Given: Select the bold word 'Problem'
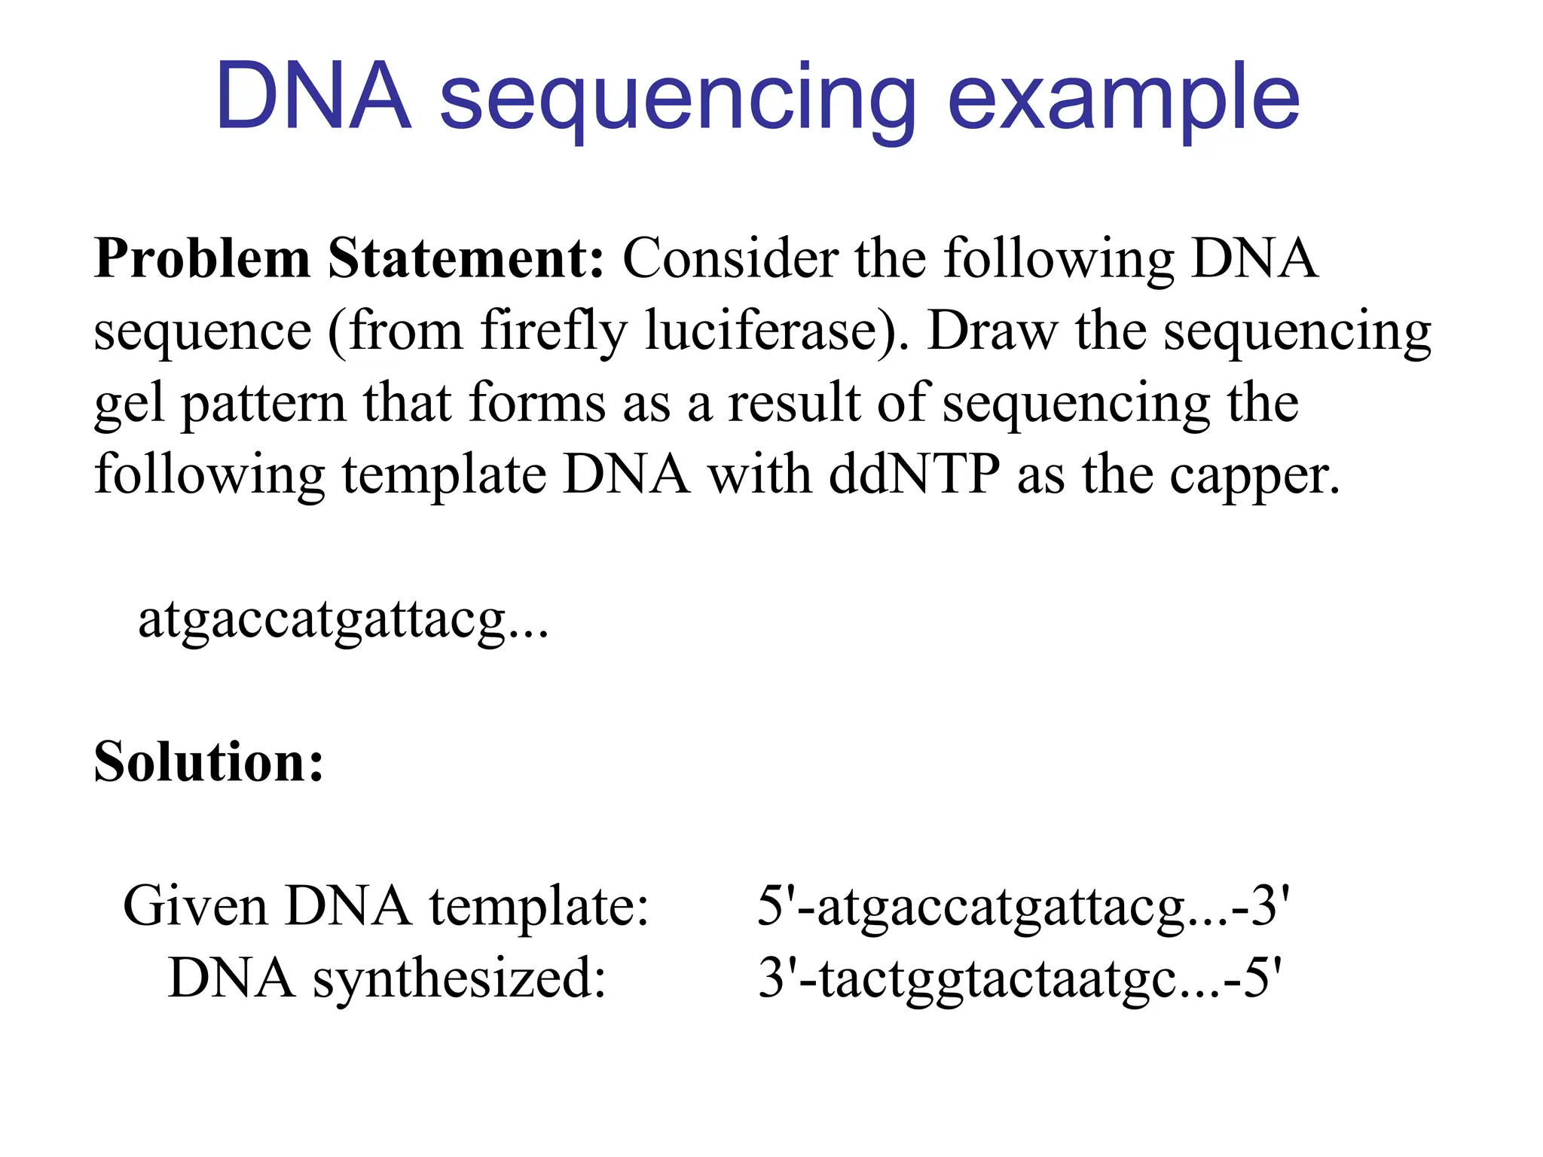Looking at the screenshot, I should tap(202, 258).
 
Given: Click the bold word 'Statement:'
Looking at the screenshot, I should tap(466, 258).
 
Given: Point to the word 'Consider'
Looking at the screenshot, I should tap(729, 258).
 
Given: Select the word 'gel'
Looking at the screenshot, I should tap(129, 405).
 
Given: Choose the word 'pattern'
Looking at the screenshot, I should tap(263, 405).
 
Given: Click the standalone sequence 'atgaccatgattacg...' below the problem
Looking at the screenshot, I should tap(343, 620).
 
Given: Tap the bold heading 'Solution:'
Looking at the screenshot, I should tap(209, 762).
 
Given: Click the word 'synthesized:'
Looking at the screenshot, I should tap(460, 978).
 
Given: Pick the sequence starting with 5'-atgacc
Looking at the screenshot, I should tap(1023, 906).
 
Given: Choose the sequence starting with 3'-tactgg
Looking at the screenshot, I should tap(1019, 978).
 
